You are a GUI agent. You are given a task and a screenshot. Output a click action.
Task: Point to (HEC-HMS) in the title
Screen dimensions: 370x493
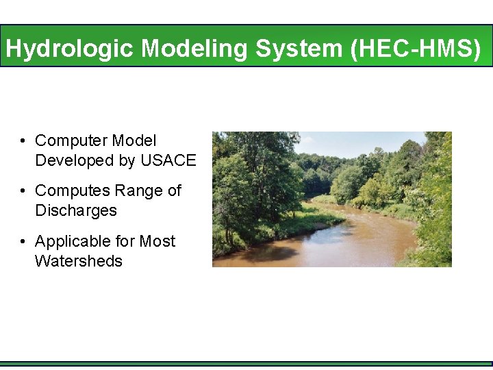pos(416,49)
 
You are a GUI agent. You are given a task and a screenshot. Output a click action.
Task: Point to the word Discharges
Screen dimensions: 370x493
pos(75,210)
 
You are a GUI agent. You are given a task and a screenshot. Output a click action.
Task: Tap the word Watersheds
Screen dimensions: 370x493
pos(78,261)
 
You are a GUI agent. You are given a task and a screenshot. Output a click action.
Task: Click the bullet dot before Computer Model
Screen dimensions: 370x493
pos(23,141)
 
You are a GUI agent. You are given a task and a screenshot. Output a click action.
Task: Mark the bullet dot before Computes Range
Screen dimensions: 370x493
pos(23,191)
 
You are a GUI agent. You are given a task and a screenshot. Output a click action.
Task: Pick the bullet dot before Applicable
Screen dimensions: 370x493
pos(23,242)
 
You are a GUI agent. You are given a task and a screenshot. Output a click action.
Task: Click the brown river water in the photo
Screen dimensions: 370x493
pos(322,247)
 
